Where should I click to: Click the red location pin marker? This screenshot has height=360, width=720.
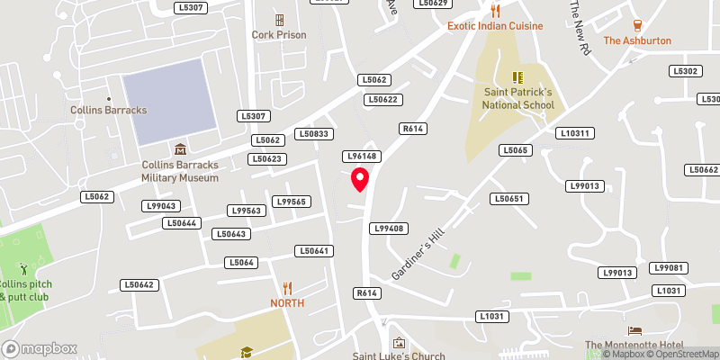[361, 179]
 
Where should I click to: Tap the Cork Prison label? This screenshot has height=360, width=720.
[279, 35]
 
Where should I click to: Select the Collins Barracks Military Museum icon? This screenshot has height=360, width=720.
[180, 149]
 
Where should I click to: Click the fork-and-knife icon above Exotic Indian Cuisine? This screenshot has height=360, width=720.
[495, 11]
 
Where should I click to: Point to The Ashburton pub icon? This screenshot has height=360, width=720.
[637, 25]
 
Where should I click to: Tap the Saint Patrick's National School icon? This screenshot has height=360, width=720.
[517, 77]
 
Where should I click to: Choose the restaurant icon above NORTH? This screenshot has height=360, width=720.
[287, 288]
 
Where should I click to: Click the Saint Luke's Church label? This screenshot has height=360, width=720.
[400, 356]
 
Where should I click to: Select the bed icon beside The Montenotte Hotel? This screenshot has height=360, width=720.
[635, 331]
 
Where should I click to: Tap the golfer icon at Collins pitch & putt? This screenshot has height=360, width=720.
[24, 268]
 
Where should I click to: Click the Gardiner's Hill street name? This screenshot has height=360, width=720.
[418, 253]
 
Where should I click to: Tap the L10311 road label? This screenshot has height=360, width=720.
[575, 133]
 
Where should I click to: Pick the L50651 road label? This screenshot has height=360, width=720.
[508, 198]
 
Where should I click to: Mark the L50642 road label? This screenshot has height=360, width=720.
[139, 285]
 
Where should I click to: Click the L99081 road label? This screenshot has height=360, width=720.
[670, 268]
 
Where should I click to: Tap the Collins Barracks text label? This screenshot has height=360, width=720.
[108, 110]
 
